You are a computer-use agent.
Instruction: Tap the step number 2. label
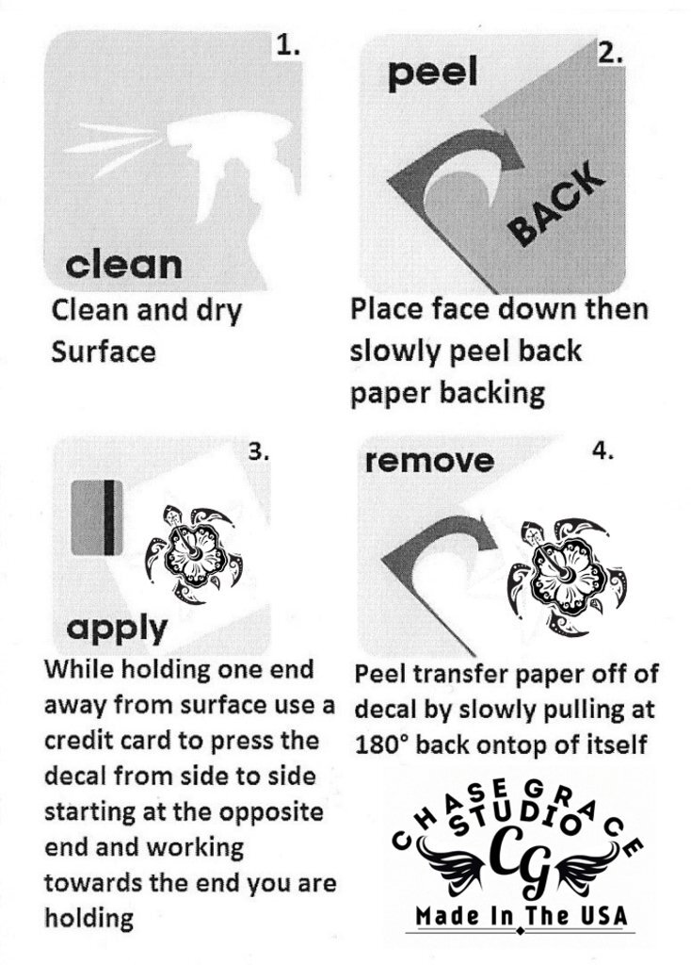[611, 54]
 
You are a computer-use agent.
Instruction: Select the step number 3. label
[259, 452]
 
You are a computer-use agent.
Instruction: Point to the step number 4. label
[603, 451]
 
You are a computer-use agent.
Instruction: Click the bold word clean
[123, 264]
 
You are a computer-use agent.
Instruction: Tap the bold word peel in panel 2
[433, 74]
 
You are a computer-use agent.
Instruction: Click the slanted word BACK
[555, 204]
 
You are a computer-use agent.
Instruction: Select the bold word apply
[117, 629]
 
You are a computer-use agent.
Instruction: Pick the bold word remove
[429, 461]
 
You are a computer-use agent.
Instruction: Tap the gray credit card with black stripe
[97, 517]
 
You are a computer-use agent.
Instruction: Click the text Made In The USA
[521, 915]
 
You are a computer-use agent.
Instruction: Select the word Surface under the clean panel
[104, 352]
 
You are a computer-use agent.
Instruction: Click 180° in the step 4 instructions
[382, 744]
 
